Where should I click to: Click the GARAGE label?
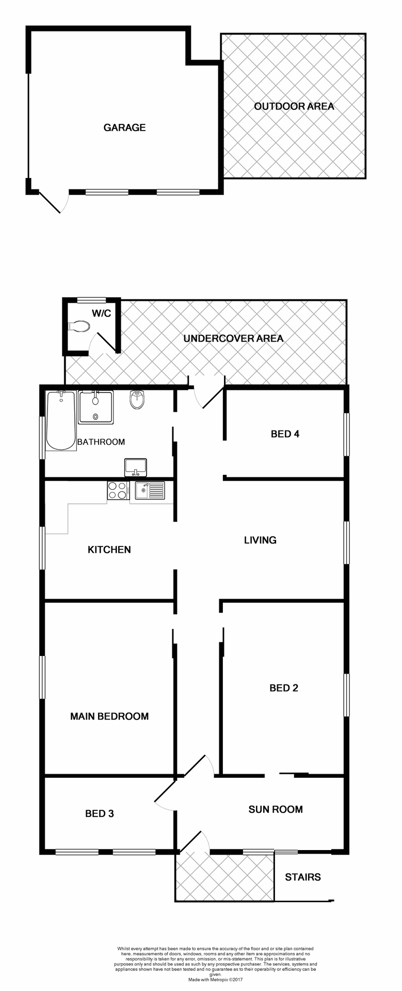pos(124,127)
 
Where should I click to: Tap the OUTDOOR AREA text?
pos(294,106)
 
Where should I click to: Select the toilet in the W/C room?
pos(79,326)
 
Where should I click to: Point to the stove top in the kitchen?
pos(118,490)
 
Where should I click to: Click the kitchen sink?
pos(150,490)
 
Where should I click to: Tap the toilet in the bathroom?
pos(137,399)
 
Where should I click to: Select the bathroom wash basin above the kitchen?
pos(136,468)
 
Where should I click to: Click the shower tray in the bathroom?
pos(95,407)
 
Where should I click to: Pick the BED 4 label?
pos(285,434)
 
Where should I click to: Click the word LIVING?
pos(260,540)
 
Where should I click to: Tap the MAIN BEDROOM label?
pos(109,716)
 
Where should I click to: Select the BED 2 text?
pos(284,688)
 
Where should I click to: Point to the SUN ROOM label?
pos(276,809)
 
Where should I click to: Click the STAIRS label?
pos(303,877)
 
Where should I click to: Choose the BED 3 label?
pos(100,813)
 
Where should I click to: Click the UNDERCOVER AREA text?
pos(233,339)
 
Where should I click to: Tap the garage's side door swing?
pos(54,203)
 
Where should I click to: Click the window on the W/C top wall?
pos(91,299)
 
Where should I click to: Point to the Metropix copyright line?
pos(215,979)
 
